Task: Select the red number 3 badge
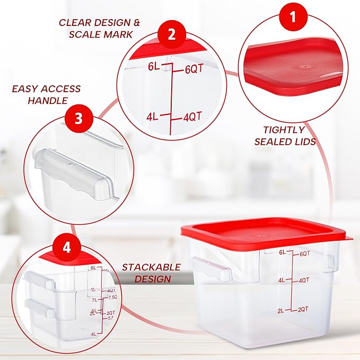(78, 118)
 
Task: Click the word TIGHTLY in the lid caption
(284, 129)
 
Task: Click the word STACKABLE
(151, 267)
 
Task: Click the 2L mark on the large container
(282, 310)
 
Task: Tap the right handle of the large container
(330, 261)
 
